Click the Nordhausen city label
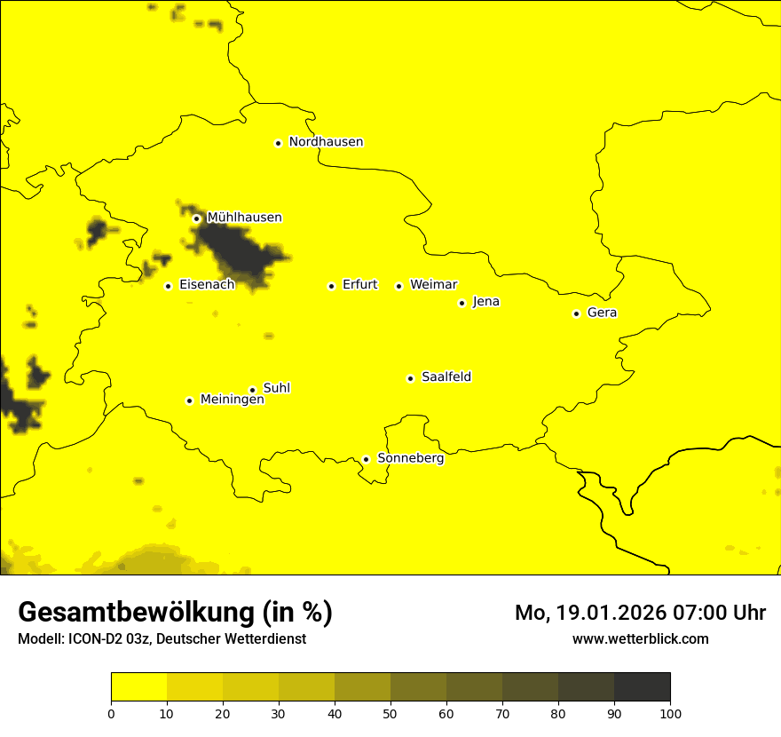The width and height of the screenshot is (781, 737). pos(326,142)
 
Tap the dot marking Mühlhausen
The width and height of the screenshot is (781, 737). pos(196,218)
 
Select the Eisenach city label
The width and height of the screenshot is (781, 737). pos(207,285)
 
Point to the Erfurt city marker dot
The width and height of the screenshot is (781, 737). pos(331,286)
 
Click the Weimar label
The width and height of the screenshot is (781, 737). pos(433,285)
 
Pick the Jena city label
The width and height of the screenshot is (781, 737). pos(485,302)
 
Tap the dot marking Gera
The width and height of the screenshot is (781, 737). pos(576,313)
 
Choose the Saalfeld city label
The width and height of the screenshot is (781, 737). pos(446,377)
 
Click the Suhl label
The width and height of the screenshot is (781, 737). pos(277,388)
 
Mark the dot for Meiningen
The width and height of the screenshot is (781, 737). pos(189,400)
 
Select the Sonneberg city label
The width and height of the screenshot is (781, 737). pos(411,458)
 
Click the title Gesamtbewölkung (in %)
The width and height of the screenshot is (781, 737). pos(175,613)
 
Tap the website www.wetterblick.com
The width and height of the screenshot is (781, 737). pos(640,638)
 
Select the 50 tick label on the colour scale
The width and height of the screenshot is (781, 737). pos(390,713)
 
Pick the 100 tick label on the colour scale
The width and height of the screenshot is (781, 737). pos(670,713)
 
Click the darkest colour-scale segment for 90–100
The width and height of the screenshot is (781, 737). pos(642,686)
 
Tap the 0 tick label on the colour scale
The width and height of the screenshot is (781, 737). pos(111,713)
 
